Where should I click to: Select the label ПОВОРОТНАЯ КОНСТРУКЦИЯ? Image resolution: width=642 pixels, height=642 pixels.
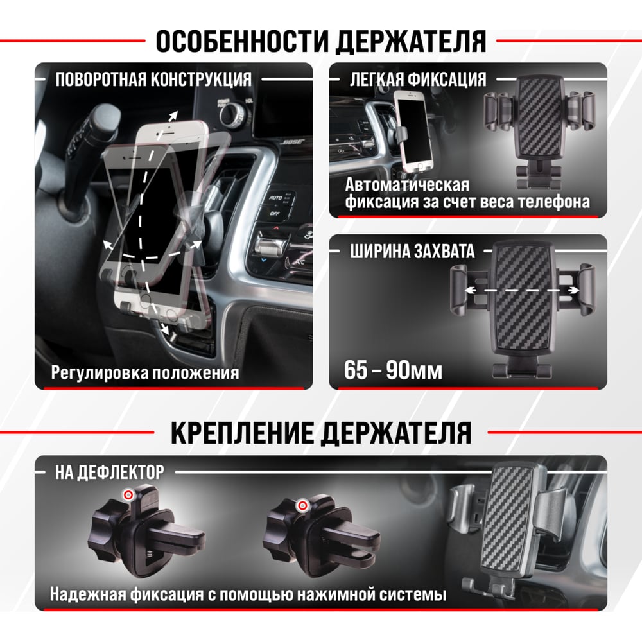click(x=153, y=80)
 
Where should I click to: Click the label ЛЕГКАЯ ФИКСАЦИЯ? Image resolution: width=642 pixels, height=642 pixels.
click(x=418, y=80)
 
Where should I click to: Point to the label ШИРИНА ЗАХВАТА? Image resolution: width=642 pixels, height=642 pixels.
click(x=412, y=251)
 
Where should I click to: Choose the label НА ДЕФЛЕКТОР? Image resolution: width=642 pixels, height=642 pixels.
click(x=110, y=472)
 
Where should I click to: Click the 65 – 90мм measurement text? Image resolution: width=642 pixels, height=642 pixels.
click(x=393, y=370)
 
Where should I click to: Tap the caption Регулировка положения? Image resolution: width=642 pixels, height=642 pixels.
click(x=145, y=372)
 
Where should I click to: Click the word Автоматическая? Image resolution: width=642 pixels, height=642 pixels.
click(x=408, y=185)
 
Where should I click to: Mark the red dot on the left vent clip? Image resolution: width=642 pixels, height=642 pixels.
click(x=128, y=495)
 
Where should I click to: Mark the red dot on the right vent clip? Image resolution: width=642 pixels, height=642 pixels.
click(x=302, y=506)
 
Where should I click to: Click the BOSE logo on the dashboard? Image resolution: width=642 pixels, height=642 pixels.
click(x=293, y=142)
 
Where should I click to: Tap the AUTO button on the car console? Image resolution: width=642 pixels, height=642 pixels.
click(x=275, y=198)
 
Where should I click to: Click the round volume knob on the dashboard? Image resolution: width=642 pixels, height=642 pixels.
click(x=232, y=114)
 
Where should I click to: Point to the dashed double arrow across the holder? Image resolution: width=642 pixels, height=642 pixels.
click(x=522, y=290)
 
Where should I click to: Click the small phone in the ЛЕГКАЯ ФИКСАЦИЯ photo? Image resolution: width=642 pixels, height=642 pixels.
click(x=413, y=132)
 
